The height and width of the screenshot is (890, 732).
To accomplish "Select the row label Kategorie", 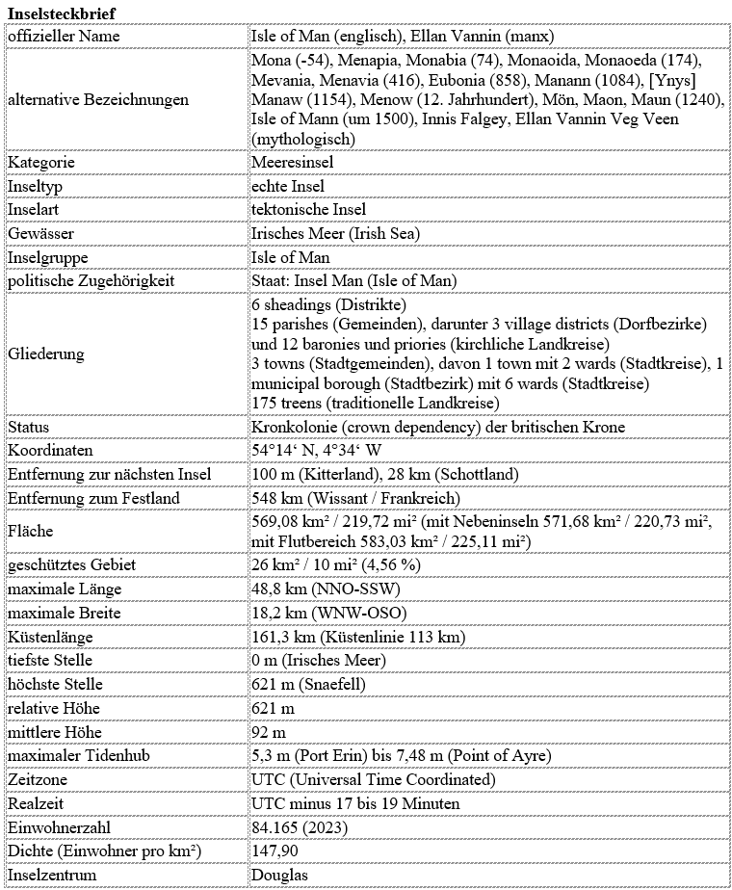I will [x=40, y=163].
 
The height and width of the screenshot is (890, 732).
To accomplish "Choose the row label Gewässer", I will [x=40, y=233].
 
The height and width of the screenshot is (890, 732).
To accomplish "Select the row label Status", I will [x=29, y=427].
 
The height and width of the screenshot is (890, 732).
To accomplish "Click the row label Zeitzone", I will [x=37, y=778].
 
